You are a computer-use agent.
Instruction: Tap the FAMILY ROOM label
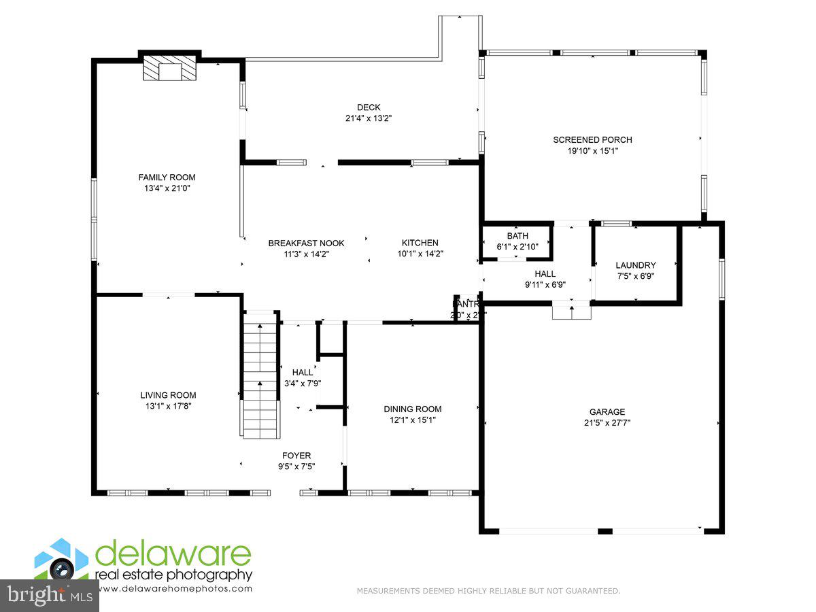click(x=167, y=177)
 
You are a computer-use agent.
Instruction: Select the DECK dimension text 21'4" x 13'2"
click(x=369, y=118)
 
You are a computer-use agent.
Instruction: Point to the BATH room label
click(x=517, y=236)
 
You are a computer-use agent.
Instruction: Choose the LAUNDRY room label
click(x=635, y=265)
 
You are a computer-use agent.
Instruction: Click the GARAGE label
click(x=607, y=411)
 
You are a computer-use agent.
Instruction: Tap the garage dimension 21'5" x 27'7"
click(x=607, y=422)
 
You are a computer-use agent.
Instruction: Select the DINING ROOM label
click(x=412, y=409)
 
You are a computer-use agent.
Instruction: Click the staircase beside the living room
click(x=261, y=374)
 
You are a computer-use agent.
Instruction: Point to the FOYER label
click(x=296, y=456)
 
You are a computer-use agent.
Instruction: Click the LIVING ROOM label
click(x=168, y=395)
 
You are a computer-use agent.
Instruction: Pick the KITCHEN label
click(x=420, y=243)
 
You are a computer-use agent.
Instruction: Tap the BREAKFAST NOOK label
click(x=306, y=243)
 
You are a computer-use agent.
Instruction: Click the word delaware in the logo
click(x=173, y=554)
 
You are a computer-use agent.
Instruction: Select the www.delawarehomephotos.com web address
click(x=173, y=589)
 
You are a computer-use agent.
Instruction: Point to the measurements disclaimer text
click(x=488, y=591)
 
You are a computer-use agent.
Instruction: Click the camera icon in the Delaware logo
click(x=63, y=568)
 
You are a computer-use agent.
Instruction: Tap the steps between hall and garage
click(x=571, y=311)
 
